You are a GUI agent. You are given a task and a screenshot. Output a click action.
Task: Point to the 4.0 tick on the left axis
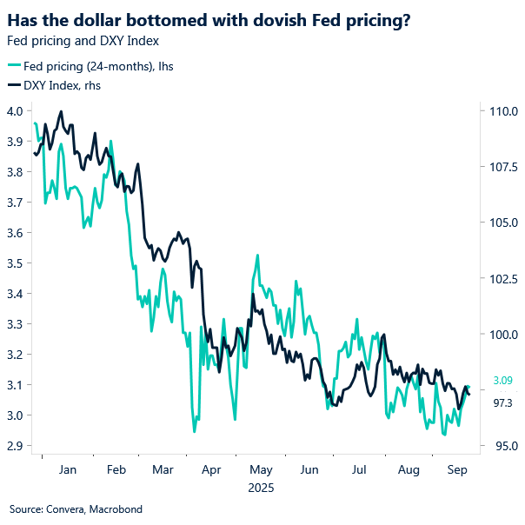pyautogui.click(x=16, y=111)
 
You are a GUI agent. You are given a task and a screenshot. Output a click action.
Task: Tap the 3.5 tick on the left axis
pyautogui.click(x=16, y=263)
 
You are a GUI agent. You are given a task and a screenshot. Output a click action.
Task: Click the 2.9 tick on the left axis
pyautogui.click(x=16, y=446)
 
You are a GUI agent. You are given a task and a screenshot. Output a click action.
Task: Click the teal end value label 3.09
pyautogui.click(x=503, y=381)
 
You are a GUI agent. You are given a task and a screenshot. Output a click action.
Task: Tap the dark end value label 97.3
pyautogui.click(x=503, y=402)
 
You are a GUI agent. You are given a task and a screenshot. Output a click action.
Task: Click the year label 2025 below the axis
pyautogui.click(x=262, y=488)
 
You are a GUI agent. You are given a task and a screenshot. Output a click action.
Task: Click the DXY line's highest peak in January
pyautogui.click(x=61, y=111)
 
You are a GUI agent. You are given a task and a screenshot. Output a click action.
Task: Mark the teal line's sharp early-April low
pyautogui.click(x=194, y=431)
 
